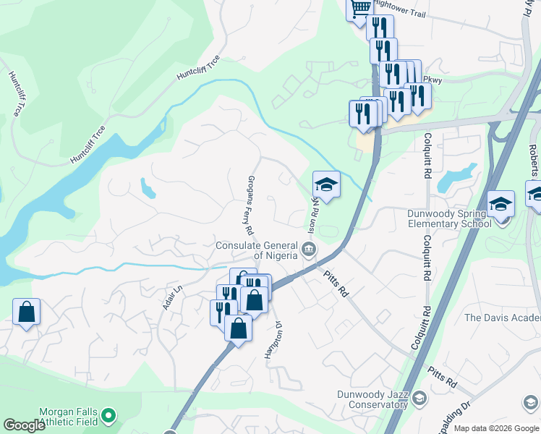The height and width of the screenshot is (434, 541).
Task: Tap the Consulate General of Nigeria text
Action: click(x=257, y=250)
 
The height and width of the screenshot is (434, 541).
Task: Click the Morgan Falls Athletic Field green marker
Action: click(x=108, y=415)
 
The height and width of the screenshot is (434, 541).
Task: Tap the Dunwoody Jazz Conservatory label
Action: click(x=371, y=399)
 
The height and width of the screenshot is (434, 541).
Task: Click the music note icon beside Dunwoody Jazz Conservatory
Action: click(x=418, y=398)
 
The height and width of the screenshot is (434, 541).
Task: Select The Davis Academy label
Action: click(x=502, y=318)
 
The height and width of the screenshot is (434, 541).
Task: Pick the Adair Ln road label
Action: click(x=170, y=297)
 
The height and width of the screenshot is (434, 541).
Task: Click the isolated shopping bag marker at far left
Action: click(x=26, y=312)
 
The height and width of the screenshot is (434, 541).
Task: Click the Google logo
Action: click(x=25, y=425)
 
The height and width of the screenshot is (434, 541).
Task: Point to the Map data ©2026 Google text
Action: click(x=496, y=428)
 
